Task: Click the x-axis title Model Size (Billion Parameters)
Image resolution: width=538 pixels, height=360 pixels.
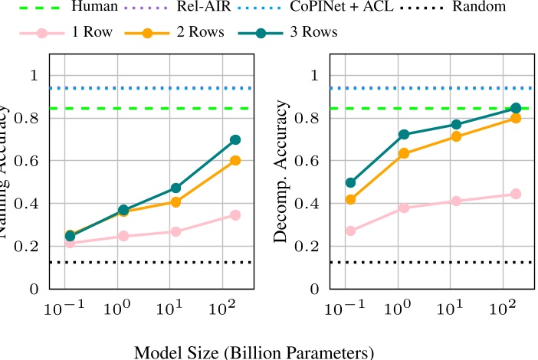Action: coord(242,352)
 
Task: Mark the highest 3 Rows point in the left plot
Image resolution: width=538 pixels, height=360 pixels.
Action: coord(235,140)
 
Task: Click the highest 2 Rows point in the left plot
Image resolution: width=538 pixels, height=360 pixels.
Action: coord(235,161)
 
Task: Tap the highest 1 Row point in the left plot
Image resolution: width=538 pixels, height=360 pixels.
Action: coord(235,215)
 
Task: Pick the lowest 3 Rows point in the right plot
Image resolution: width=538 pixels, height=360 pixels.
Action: coord(350,183)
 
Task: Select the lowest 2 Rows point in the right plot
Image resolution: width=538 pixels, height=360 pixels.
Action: coord(350,200)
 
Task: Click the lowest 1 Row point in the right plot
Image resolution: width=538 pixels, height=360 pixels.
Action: coord(350,231)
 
